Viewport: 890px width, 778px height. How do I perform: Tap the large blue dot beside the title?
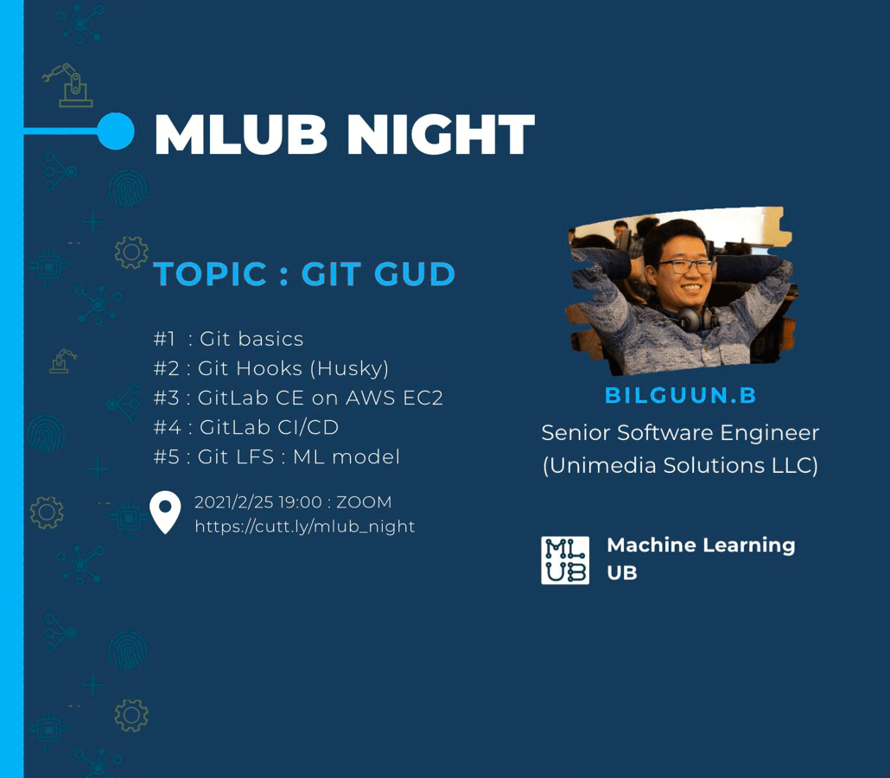pos(116,131)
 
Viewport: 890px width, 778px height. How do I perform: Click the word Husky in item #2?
pos(350,369)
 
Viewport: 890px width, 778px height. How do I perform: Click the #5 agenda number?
pos(167,456)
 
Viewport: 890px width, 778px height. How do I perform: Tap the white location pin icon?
pos(165,513)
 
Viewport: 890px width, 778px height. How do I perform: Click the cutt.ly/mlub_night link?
pos(305,526)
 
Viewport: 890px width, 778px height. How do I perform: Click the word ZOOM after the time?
pos(364,502)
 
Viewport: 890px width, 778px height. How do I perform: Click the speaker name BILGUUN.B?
pos(681,395)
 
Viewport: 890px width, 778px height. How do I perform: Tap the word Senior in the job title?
pos(575,433)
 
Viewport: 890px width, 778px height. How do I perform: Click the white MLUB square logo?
pos(565,560)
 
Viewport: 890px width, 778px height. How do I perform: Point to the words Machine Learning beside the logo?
pos(701,545)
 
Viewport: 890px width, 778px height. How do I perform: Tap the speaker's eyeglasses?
pos(685,265)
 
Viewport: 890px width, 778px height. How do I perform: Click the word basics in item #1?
pos(270,339)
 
